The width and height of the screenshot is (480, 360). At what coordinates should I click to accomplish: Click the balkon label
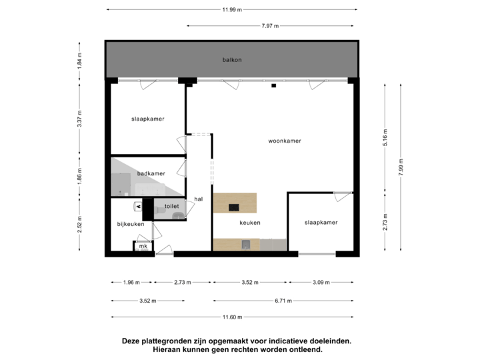click(x=232, y=60)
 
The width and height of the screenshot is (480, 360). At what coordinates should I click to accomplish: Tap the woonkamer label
click(x=285, y=141)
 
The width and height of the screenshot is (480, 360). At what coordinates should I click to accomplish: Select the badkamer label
click(x=151, y=173)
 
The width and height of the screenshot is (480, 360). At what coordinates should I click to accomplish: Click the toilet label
click(x=172, y=207)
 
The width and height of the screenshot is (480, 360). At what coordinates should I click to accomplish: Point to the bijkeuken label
click(x=131, y=224)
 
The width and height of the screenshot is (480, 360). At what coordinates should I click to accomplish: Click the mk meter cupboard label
click(x=143, y=247)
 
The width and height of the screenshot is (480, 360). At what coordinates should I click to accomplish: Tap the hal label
click(x=199, y=199)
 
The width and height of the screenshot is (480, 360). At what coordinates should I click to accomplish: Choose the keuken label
click(x=250, y=223)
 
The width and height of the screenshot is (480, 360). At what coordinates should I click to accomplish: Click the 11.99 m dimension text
click(x=233, y=9)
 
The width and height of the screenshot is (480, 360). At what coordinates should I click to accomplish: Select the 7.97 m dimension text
click(x=270, y=26)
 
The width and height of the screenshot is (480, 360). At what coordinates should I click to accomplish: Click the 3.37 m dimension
click(x=80, y=119)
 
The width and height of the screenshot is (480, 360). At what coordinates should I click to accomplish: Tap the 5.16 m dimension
click(x=385, y=139)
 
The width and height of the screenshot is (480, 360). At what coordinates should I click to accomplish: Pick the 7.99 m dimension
click(x=400, y=166)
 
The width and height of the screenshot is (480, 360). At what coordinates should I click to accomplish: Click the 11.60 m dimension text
click(x=233, y=317)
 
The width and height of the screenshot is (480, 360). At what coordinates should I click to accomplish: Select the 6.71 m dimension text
click(x=283, y=301)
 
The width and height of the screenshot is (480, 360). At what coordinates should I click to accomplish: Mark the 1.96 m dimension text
click(x=131, y=283)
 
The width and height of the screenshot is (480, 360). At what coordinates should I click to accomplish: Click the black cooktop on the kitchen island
click(x=235, y=207)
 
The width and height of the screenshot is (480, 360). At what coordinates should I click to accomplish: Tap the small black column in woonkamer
click(x=273, y=85)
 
